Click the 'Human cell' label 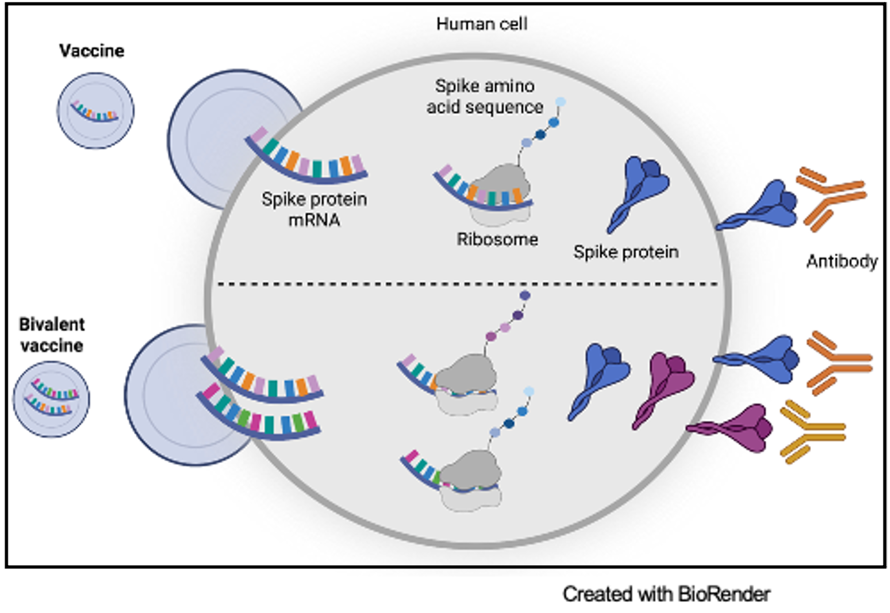(x=482, y=24)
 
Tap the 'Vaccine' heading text (x=91, y=50)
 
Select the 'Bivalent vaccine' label (x=52, y=334)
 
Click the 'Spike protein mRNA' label (x=314, y=209)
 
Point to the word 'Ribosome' (x=497, y=239)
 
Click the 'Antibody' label (x=841, y=261)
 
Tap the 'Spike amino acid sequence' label (x=484, y=96)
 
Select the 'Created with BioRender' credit (x=666, y=593)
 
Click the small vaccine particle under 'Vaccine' (x=96, y=111)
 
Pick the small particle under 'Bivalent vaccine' (x=52, y=398)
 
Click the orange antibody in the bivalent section (x=836, y=363)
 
